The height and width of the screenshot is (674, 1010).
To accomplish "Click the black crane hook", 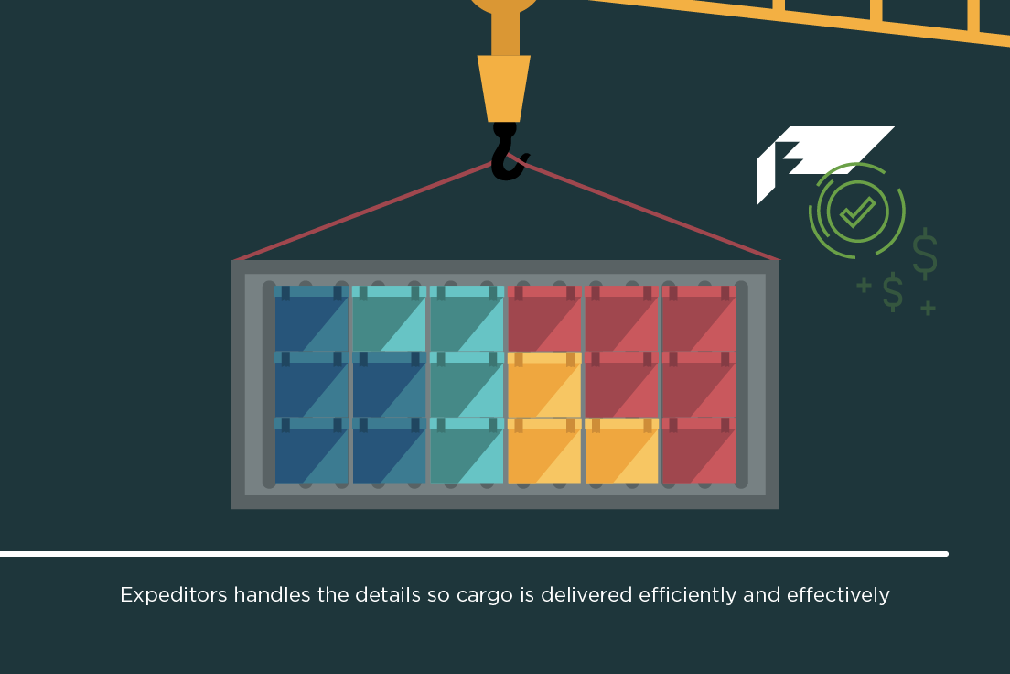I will click(x=506, y=156).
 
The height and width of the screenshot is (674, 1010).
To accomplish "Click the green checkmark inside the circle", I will click(x=857, y=212).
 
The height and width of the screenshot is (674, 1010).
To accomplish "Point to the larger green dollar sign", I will click(x=925, y=254).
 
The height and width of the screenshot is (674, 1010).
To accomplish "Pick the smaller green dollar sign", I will click(x=892, y=291).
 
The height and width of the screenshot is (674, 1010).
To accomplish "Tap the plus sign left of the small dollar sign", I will click(x=864, y=286).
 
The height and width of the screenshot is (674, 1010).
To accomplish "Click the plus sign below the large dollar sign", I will click(x=928, y=308).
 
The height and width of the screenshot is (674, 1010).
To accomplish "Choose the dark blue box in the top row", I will click(x=311, y=318).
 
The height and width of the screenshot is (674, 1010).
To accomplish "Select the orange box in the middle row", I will click(x=544, y=385).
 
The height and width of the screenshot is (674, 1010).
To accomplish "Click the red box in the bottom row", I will click(x=699, y=451).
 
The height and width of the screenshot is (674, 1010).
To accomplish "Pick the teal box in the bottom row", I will click(x=467, y=451).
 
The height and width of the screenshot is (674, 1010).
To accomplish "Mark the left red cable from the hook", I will click(x=366, y=211).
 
